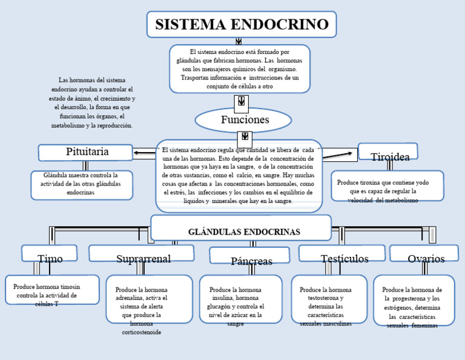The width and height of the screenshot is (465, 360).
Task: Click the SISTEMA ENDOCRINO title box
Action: click(x=241, y=24)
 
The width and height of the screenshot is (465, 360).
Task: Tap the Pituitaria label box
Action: click(x=85, y=152)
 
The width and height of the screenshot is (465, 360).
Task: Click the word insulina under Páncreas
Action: click(x=223, y=299)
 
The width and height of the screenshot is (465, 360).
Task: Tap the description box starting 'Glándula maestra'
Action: click(x=82, y=184)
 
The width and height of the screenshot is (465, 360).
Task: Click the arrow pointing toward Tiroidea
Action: click(x=340, y=155)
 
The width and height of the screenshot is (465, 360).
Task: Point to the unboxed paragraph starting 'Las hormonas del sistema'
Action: click(x=92, y=102)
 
